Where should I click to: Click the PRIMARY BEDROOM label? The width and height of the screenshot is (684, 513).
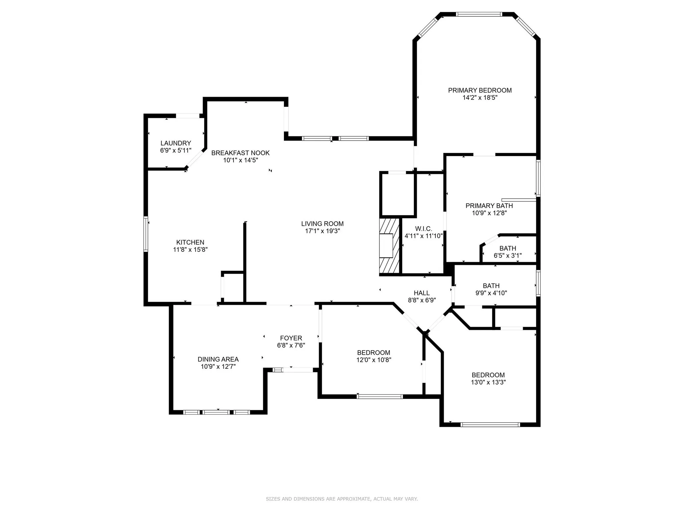pos(480,90)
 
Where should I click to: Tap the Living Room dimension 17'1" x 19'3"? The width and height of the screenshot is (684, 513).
pos(322,231)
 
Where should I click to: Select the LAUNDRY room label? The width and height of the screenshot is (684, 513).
pos(176,143)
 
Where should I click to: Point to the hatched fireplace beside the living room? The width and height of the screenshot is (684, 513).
pos(389,246)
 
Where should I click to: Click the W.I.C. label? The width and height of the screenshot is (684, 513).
pos(423,228)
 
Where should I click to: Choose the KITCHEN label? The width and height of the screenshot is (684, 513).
pos(190,242)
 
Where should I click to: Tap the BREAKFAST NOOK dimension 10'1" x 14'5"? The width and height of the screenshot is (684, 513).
pos(240,160)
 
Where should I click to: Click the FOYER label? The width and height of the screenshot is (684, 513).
pos(291,338)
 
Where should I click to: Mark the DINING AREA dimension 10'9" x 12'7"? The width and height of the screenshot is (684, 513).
pos(218,366)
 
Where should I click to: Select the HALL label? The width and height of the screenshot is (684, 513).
pos(422,293)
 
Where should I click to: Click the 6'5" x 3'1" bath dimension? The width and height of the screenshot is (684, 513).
pos(508,255)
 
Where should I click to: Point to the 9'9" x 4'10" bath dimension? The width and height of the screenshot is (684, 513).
pos(491,293)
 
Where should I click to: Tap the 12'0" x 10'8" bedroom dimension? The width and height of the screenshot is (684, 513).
pos(373,360)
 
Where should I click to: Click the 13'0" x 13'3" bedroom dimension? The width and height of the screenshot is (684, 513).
pos(488,382)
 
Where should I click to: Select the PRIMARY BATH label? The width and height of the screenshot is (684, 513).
pos(489,206)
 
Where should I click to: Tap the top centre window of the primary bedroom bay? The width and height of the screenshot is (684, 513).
pos(479,14)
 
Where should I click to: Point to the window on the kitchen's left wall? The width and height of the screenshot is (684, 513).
pos(146,233)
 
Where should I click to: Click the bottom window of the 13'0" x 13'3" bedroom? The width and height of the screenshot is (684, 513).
pos(490,425)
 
